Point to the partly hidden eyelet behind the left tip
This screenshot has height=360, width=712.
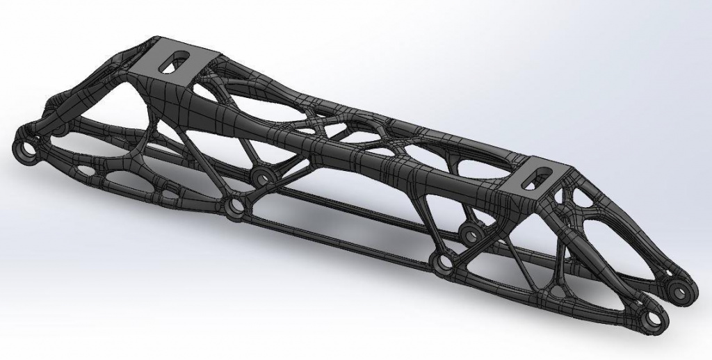pyautogui.click(x=56, y=128)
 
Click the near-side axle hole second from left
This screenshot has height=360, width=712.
pyautogui.click(x=236, y=206)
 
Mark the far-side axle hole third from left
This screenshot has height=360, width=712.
pyautogui.click(x=471, y=234)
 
